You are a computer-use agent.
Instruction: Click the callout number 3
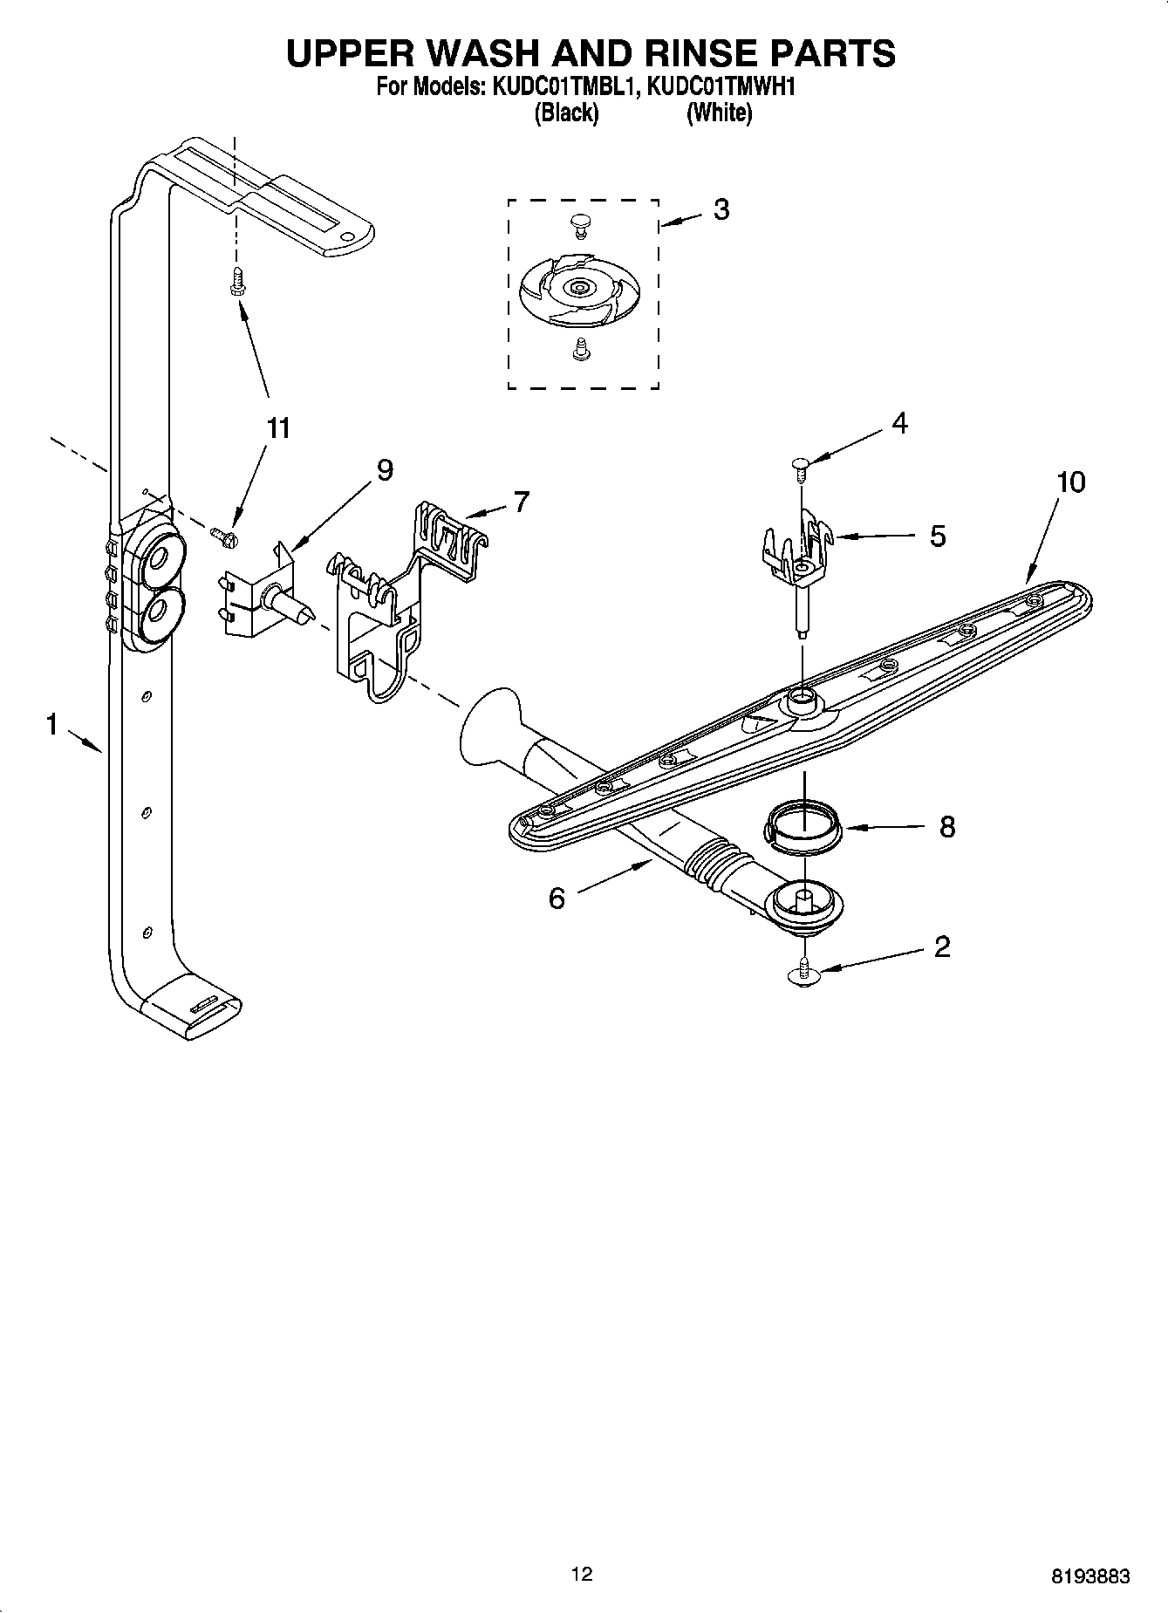click(721, 209)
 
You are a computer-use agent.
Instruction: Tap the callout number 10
click(1070, 482)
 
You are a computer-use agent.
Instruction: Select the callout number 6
click(557, 898)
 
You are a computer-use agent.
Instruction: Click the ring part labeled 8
click(802, 825)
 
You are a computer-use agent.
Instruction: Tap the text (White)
click(719, 113)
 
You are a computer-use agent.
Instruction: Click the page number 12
click(582, 1575)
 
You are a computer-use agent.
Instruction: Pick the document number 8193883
click(1090, 1576)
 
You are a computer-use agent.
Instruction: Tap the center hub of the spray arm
click(801, 698)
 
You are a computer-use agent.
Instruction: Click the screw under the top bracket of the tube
click(236, 282)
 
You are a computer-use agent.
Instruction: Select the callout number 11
click(278, 428)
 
